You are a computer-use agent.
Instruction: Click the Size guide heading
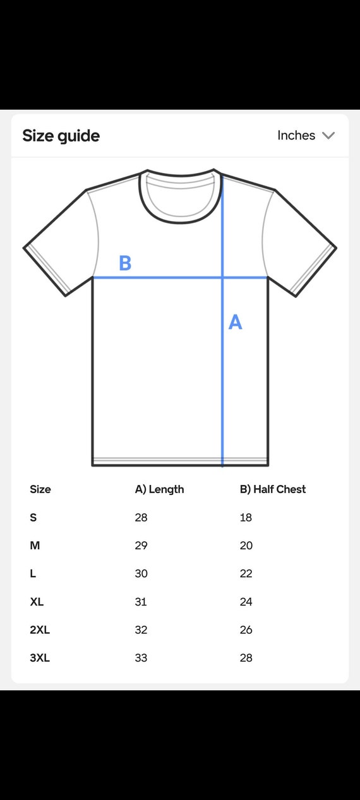pyautogui.click(x=61, y=136)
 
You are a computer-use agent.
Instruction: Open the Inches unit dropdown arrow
pyautogui.click(x=328, y=135)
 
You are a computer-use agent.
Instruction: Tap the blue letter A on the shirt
pyautogui.click(x=236, y=322)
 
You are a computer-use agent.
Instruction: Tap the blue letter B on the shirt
pyautogui.click(x=125, y=263)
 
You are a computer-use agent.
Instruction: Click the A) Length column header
pyautogui.click(x=159, y=489)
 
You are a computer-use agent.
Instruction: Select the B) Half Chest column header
pyautogui.click(x=273, y=489)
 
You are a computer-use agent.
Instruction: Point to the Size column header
pyautogui.click(x=40, y=489)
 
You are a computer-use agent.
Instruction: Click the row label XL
pyautogui.click(x=37, y=602)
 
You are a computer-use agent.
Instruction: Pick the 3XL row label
pyautogui.click(x=40, y=658)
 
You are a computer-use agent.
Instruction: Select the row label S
pyautogui.click(x=33, y=518)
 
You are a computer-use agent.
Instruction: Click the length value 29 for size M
pyautogui.click(x=141, y=546)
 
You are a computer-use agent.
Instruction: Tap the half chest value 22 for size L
pyautogui.click(x=246, y=573)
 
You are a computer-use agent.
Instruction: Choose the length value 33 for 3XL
pyautogui.click(x=141, y=658)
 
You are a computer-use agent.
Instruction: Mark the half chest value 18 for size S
pyautogui.click(x=246, y=518)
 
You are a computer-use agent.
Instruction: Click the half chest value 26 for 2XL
pyautogui.click(x=246, y=630)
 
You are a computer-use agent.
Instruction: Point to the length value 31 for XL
pyautogui.click(x=141, y=602)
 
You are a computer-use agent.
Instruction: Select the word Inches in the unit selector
pyautogui.click(x=296, y=135)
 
